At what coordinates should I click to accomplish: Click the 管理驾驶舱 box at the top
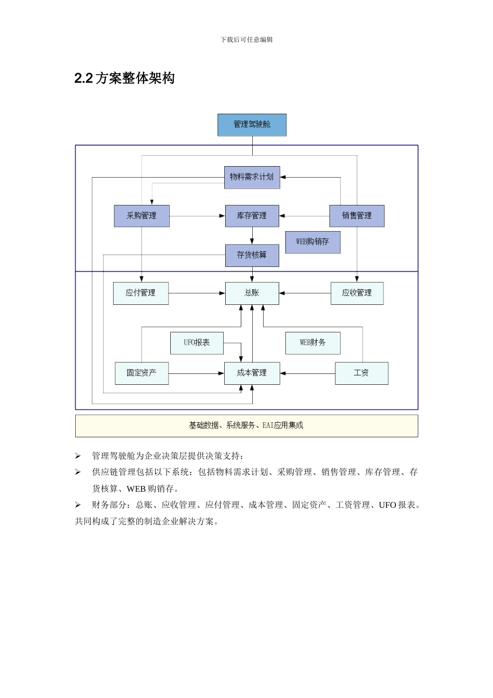pyautogui.click(x=252, y=125)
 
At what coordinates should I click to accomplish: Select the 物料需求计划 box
pyautogui.click(x=252, y=177)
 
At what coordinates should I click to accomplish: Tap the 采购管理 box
pyautogui.click(x=142, y=216)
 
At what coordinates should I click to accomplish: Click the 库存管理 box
pyautogui.click(x=252, y=216)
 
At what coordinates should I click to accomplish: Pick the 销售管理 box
pyautogui.click(x=357, y=216)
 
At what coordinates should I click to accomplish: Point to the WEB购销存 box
pyautogui.click(x=312, y=242)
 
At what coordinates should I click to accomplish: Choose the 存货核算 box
pyautogui.click(x=252, y=255)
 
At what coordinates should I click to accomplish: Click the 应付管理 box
pyautogui.click(x=141, y=293)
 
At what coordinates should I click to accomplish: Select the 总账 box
pyautogui.click(x=252, y=293)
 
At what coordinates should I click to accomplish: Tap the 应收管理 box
pyautogui.click(x=357, y=293)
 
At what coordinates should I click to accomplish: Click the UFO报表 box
pyautogui.click(x=197, y=343)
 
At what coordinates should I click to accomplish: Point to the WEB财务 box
pyautogui.click(x=313, y=343)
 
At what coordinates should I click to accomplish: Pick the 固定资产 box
pyautogui.click(x=141, y=373)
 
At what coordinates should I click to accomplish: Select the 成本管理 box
pyautogui.click(x=252, y=373)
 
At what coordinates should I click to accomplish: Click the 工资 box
pyautogui.click(x=361, y=373)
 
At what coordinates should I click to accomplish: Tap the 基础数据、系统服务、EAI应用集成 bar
pyautogui.click(x=246, y=425)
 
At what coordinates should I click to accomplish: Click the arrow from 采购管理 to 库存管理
pyautogui.click(x=197, y=216)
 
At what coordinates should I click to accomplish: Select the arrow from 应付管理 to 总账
pyautogui.click(x=197, y=293)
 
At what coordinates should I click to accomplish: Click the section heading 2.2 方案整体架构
pyautogui.click(x=125, y=78)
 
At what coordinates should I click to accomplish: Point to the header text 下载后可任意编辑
pyautogui.click(x=246, y=39)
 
